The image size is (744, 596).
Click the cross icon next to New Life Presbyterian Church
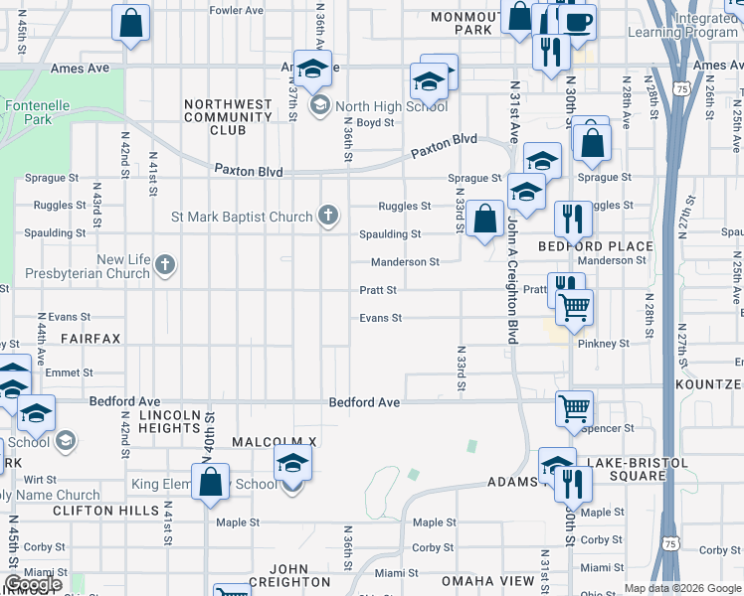[165, 265]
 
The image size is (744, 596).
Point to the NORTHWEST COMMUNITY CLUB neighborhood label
[228, 116]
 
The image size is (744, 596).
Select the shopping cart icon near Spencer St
[575, 407]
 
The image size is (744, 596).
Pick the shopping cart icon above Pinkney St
[574, 309]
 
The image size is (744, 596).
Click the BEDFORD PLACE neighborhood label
[596, 245]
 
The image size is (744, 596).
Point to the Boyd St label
[376, 123]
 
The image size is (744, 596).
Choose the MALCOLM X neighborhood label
[274, 440]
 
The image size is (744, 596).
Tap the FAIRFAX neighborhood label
[91, 339]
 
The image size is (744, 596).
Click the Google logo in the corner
[33, 584]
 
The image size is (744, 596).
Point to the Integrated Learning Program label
[683, 26]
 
